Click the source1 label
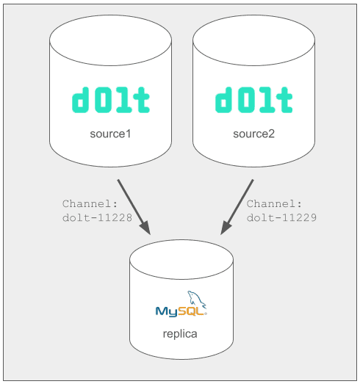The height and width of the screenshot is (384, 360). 110,134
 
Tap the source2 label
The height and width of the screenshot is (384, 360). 253,134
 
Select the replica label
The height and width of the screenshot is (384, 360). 180,334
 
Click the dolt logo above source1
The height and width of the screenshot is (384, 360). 110,100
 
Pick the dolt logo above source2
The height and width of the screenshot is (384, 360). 253,100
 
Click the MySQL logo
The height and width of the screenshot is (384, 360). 181,304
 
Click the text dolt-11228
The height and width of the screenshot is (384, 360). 97,218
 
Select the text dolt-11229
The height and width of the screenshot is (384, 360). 281,218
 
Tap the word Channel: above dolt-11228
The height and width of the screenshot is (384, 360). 90,204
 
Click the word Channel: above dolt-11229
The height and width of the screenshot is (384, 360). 274,204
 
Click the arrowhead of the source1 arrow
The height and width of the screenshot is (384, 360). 144,228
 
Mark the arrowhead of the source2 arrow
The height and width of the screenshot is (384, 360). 226,228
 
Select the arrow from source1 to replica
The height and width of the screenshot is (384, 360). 134,207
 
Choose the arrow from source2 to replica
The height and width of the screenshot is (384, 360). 237,207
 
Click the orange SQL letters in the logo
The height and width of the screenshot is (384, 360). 192,311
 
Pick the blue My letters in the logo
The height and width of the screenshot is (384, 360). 167,312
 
